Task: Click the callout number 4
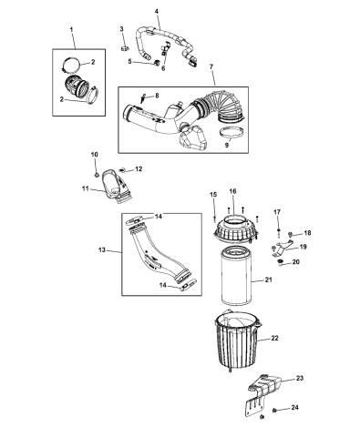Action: [156, 11]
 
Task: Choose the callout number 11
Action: [85, 189]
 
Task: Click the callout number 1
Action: [73, 31]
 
